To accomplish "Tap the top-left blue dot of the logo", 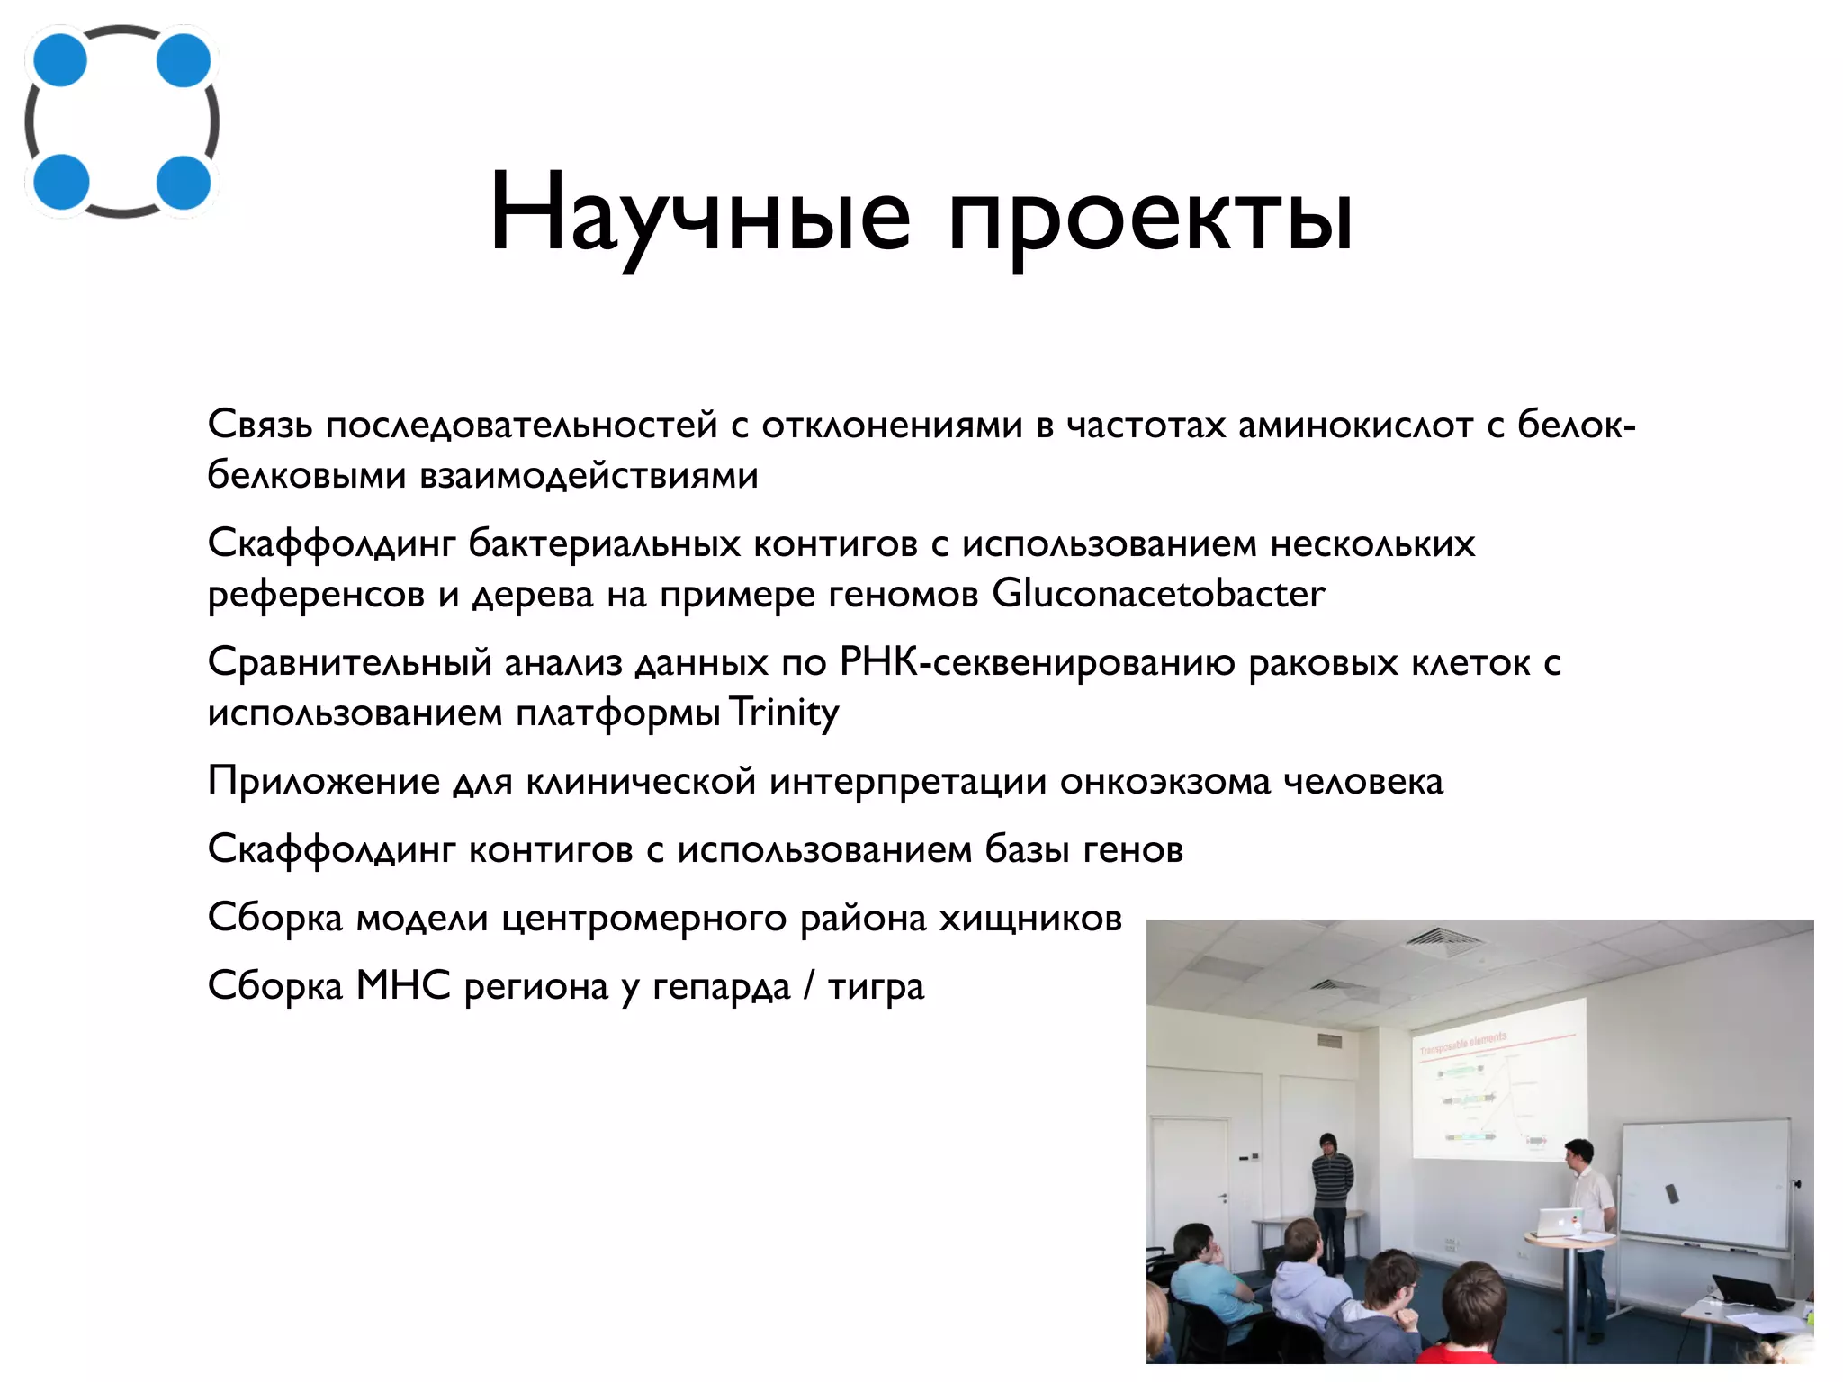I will (60, 60).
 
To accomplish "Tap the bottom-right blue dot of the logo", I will (184, 183).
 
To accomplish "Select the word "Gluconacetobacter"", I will (1158, 594).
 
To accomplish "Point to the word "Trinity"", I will (783, 713).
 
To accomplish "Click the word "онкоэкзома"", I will (1164, 781).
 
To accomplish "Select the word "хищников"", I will (1030, 919).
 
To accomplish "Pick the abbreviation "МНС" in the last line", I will (403, 985).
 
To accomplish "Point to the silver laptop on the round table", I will (1558, 1222).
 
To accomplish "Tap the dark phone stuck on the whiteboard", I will (1672, 1194).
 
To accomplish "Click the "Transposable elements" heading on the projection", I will (1462, 1045).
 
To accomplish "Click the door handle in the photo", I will (1222, 1198).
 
